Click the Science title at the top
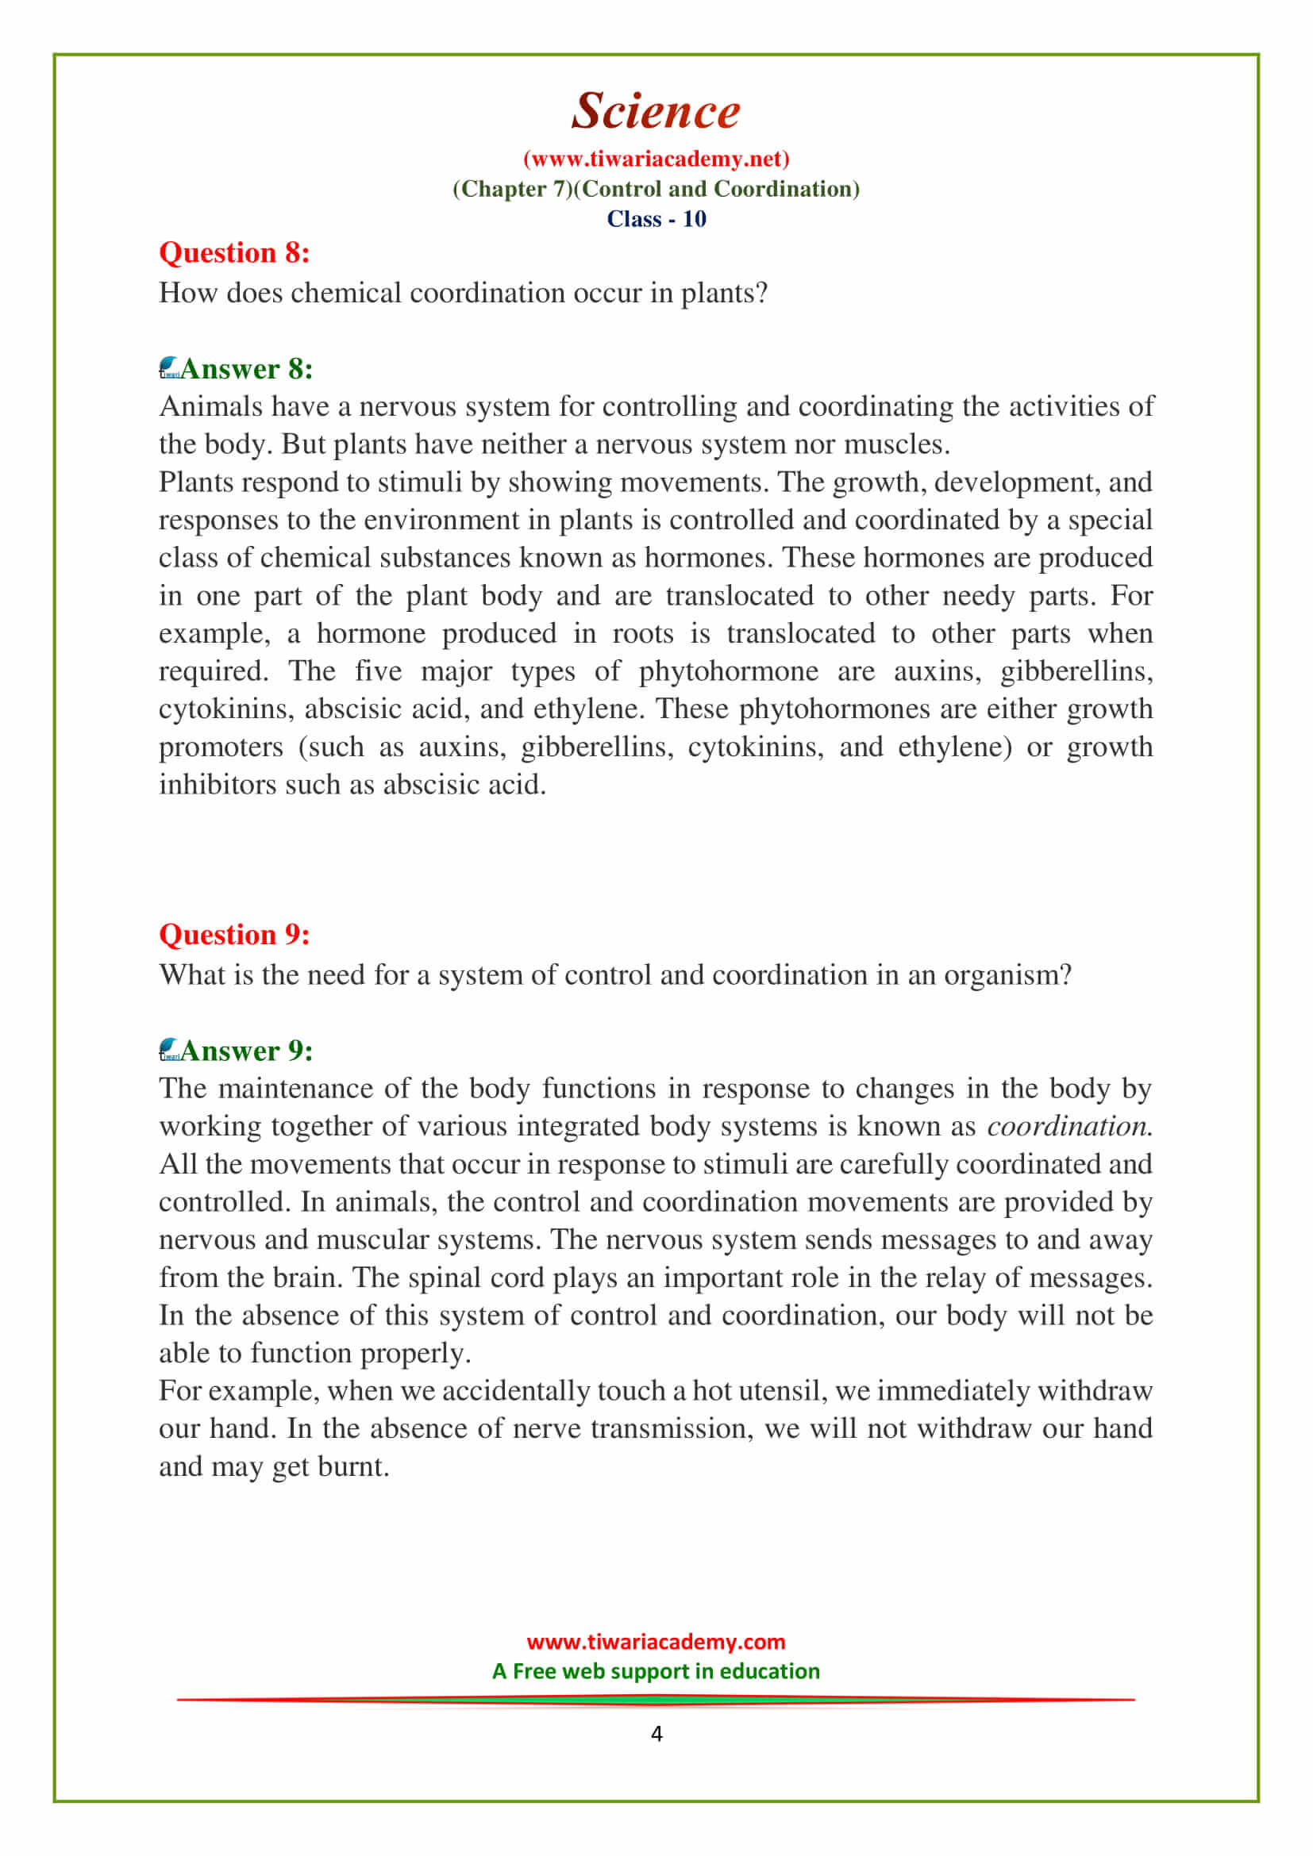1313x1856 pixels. (x=656, y=111)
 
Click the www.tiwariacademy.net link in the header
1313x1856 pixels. (x=656, y=159)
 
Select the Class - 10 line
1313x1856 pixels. (x=656, y=219)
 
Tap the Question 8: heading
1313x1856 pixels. (x=234, y=253)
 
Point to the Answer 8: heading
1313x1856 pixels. (x=246, y=369)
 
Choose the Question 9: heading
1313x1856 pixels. (x=234, y=935)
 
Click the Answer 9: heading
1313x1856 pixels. (x=246, y=1051)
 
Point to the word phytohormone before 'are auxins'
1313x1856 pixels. (x=728, y=671)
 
